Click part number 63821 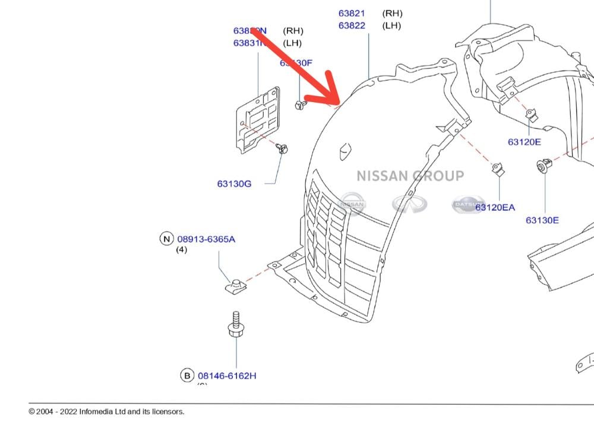click(x=352, y=13)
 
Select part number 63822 click(x=352, y=26)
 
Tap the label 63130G click(x=234, y=184)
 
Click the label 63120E click(x=525, y=142)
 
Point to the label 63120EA click(x=495, y=207)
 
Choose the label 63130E click(x=542, y=220)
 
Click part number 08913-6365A click(x=206, y=239)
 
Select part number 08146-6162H click(x=227, y=376)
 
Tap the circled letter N click(x=166, y=239)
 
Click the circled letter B click(x=187, y=376)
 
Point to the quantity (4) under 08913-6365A click(x=181, y=250)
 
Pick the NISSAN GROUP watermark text click(x=410, y=176)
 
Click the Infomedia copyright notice click(x=107, y=412)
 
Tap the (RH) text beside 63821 click(x=391, y=13)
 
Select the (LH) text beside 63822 click(x=391, y=26)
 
